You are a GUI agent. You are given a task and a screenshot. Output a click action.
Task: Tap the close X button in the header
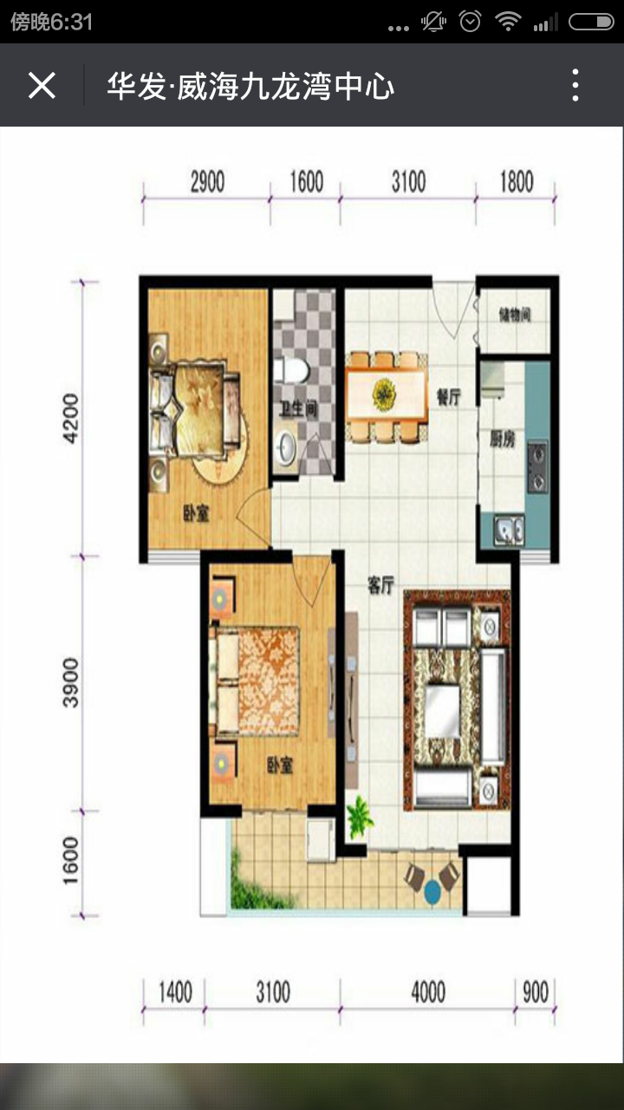tap(42, 85)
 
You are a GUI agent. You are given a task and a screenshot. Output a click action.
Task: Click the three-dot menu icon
tap(575, 85)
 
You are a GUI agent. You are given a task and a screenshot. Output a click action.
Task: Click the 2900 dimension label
tap(207, 182)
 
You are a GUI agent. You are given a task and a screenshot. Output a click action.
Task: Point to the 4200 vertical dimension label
tap(70, 418)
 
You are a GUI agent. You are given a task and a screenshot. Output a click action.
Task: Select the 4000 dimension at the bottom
tap(428, 992)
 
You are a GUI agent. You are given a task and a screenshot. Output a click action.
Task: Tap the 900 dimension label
tap(536, 992)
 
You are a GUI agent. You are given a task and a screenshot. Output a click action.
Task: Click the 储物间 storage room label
tap(515, 314)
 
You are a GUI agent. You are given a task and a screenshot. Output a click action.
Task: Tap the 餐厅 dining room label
tap(449, 397)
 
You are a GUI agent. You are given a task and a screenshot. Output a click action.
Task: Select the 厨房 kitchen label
tap(503, 438)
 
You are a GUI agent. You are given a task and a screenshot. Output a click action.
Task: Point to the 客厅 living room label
tap(380, 585)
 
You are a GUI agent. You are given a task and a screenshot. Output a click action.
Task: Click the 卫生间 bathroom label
tap(297, 409)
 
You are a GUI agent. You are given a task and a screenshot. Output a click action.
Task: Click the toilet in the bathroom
tap(292, 370)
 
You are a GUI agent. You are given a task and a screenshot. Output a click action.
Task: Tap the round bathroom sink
tap(285, 447)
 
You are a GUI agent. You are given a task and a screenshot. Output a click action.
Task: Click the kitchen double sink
tap(509, 530)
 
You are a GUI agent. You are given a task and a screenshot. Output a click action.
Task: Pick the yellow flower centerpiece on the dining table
tap(384, 395)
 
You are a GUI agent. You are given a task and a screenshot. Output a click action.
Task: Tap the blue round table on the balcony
tap(432, 892)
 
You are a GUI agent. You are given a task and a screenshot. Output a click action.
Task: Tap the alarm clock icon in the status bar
tap(470, 22)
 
